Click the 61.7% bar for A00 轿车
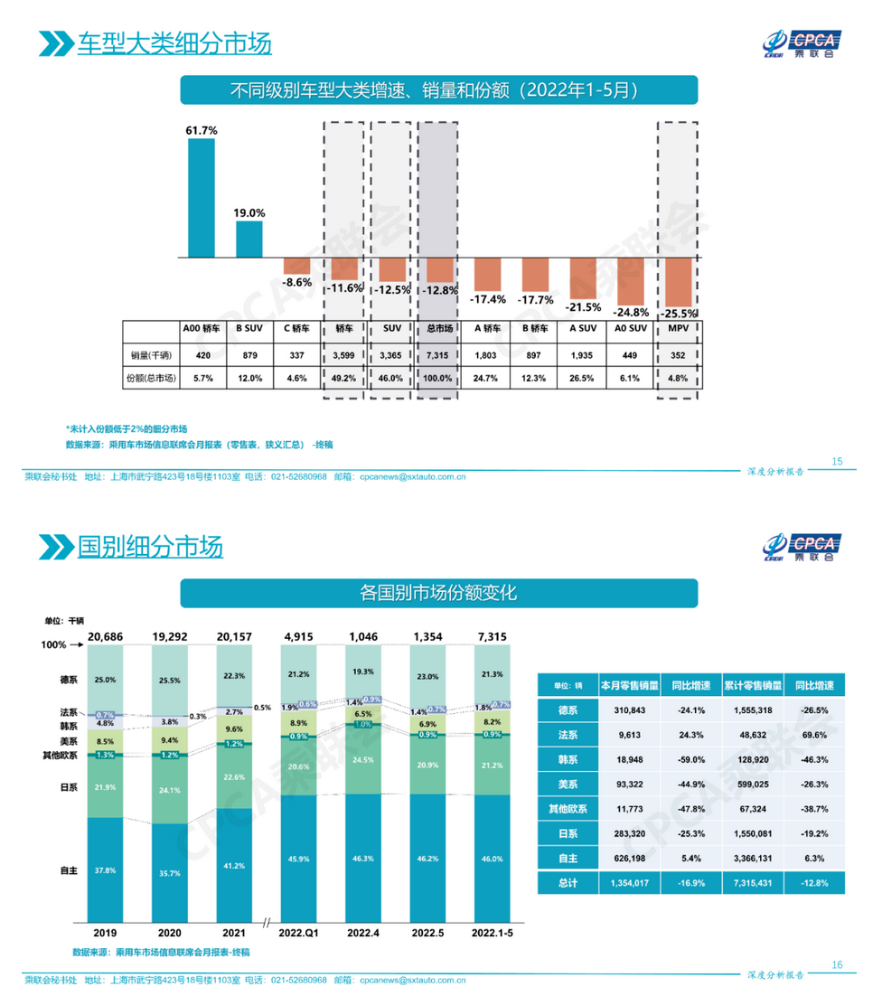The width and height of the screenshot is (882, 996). point(201,198)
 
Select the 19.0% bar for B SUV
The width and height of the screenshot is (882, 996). point(249,239)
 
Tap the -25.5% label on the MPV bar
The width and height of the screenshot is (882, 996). point(680,314)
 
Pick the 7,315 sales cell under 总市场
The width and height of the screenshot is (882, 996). point(440,354)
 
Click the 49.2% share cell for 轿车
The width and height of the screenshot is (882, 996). point(343,379)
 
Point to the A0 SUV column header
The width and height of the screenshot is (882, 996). point(630,329)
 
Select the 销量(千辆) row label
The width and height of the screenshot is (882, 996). point(148,354)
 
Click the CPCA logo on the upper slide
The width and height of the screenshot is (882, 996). point(800,42)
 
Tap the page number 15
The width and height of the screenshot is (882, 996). point(837,462)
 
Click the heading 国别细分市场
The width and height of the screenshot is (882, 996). point(149,547)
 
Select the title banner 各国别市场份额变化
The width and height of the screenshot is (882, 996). point(438,593)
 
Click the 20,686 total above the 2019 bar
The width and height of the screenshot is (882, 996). point(105,636)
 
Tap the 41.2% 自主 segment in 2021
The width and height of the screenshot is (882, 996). point(234,865)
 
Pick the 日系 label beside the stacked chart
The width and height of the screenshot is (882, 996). point(69,787)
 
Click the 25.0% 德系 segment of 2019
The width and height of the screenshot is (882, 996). point(105,679)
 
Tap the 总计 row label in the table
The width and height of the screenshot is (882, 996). point(568,882)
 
